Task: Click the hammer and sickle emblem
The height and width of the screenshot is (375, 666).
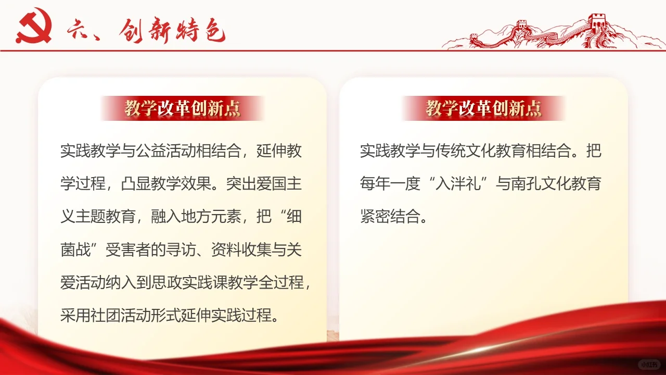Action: point(34,26)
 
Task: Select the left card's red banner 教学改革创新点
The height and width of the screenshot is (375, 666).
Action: point(182,108)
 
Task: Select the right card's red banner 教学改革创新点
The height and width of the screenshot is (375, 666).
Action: point(483,108)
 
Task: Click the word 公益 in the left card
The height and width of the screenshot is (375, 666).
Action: point(151,151)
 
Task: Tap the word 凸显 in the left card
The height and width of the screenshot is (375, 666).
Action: point(136,183)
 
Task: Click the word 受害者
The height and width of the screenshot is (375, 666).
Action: point(128,249)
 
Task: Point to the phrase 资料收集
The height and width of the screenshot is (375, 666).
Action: point(241,249)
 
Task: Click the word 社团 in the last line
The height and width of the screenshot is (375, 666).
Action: point(106,315)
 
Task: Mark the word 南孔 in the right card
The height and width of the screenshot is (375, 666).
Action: point(526,183)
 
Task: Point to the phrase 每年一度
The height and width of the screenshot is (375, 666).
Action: point(390,183)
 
